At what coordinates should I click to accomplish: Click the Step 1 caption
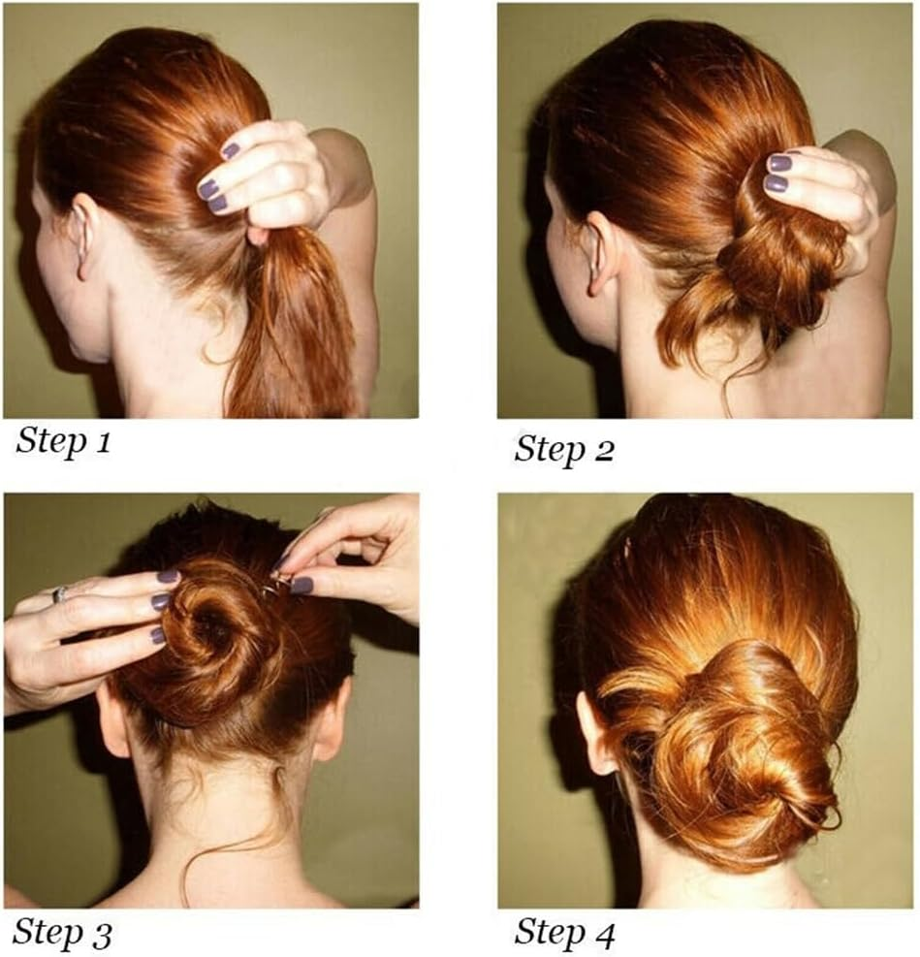tap(63, 440)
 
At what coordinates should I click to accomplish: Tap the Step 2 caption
tap(564, 450)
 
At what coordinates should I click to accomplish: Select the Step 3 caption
tap(62, 933)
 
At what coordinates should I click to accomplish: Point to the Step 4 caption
tap(565, 933)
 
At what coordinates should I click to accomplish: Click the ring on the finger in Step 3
tap(60, 593)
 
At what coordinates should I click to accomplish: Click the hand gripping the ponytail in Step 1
tap(269, 177)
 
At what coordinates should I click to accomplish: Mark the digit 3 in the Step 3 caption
tap(102, 935)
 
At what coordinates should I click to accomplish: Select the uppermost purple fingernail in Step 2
tap(779, 163)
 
